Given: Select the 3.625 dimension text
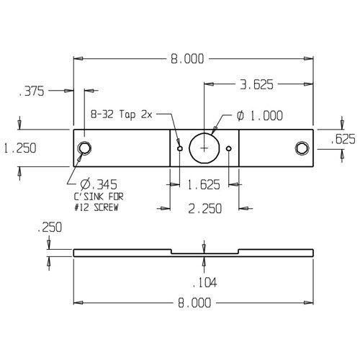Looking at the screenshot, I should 258,85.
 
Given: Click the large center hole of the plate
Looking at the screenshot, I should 204,148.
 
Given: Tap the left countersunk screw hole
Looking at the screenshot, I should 85,148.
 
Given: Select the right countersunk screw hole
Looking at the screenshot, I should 301,148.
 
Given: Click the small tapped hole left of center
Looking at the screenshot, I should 179,148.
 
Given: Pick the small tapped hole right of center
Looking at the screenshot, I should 228,149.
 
